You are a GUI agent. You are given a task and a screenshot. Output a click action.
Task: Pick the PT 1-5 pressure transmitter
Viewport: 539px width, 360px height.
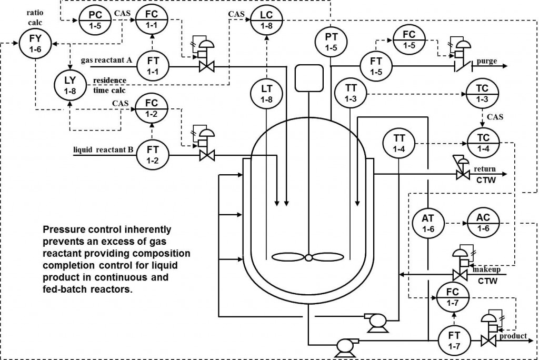click(x=330, y=42)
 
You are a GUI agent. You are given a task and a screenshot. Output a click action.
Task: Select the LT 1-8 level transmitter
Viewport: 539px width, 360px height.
click(x=266, y=92)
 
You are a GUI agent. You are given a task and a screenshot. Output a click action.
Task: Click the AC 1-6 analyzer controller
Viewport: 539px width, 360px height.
click(x=483, y=224)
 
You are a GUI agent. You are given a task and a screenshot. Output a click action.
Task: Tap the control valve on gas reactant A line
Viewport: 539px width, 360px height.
click(x=205, y=67)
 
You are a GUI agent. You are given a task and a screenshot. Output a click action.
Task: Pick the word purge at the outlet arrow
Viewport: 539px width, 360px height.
click(x=486, y=61)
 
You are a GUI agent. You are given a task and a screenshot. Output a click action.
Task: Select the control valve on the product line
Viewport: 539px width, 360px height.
click(x=489, y=340)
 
